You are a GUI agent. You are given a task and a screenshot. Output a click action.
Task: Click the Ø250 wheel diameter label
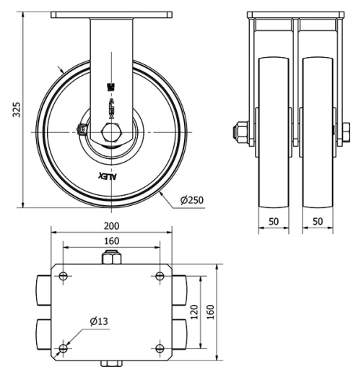[x=191, y=199]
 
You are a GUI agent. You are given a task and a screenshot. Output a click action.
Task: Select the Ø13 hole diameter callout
[x=99, y=321]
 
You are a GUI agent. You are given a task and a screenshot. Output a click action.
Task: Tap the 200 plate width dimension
[x=112, y=225]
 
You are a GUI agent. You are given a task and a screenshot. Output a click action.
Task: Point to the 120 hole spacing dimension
[x=194, y=312]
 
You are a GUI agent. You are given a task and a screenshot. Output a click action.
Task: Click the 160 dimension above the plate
[x=112, y=241]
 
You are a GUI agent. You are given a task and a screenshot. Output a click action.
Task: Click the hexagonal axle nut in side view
[x=111, y=134]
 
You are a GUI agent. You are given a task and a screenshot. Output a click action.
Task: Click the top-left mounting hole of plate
[x=64, y=276]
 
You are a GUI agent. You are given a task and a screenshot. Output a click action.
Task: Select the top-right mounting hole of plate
[x=160, y=276]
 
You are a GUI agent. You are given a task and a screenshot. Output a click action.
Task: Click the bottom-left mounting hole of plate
[x=64, y=349]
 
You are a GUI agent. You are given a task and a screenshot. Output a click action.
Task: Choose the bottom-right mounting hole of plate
[x=160, y=349]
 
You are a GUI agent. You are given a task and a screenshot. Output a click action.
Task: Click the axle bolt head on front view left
[x=237, y=132]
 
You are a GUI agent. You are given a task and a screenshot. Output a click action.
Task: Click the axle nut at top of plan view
[x=112, y=257]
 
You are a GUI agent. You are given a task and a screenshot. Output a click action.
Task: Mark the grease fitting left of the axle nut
[x=81, y=131]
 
